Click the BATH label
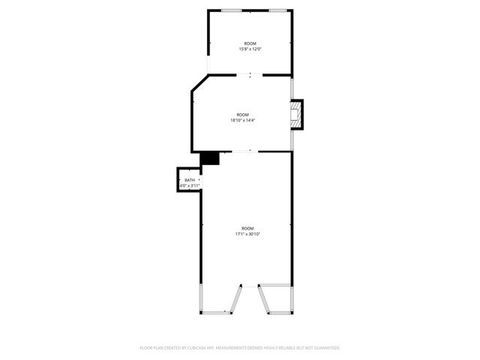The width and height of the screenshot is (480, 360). click(x=190, y=180)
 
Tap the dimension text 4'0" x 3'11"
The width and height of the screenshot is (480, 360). click(x=190, y=185)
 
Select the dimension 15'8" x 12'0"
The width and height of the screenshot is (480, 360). click(x=250, y=49)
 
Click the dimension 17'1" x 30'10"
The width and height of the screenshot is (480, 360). click(x=247, y=234)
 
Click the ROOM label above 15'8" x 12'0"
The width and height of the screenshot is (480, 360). click(x=250, y=43)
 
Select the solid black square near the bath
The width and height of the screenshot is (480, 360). click(x=209, y=158)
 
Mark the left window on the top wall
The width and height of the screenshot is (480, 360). click(x=232, y=10)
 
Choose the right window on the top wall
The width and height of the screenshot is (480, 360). click(x=277, y=10)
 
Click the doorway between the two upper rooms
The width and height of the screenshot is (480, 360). click(x=250, y=75)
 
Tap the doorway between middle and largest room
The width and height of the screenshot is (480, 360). click(x=242, y=151)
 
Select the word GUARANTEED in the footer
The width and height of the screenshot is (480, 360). click(x=323, y=348)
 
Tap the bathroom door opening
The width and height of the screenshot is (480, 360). click(x=201, y=180)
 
